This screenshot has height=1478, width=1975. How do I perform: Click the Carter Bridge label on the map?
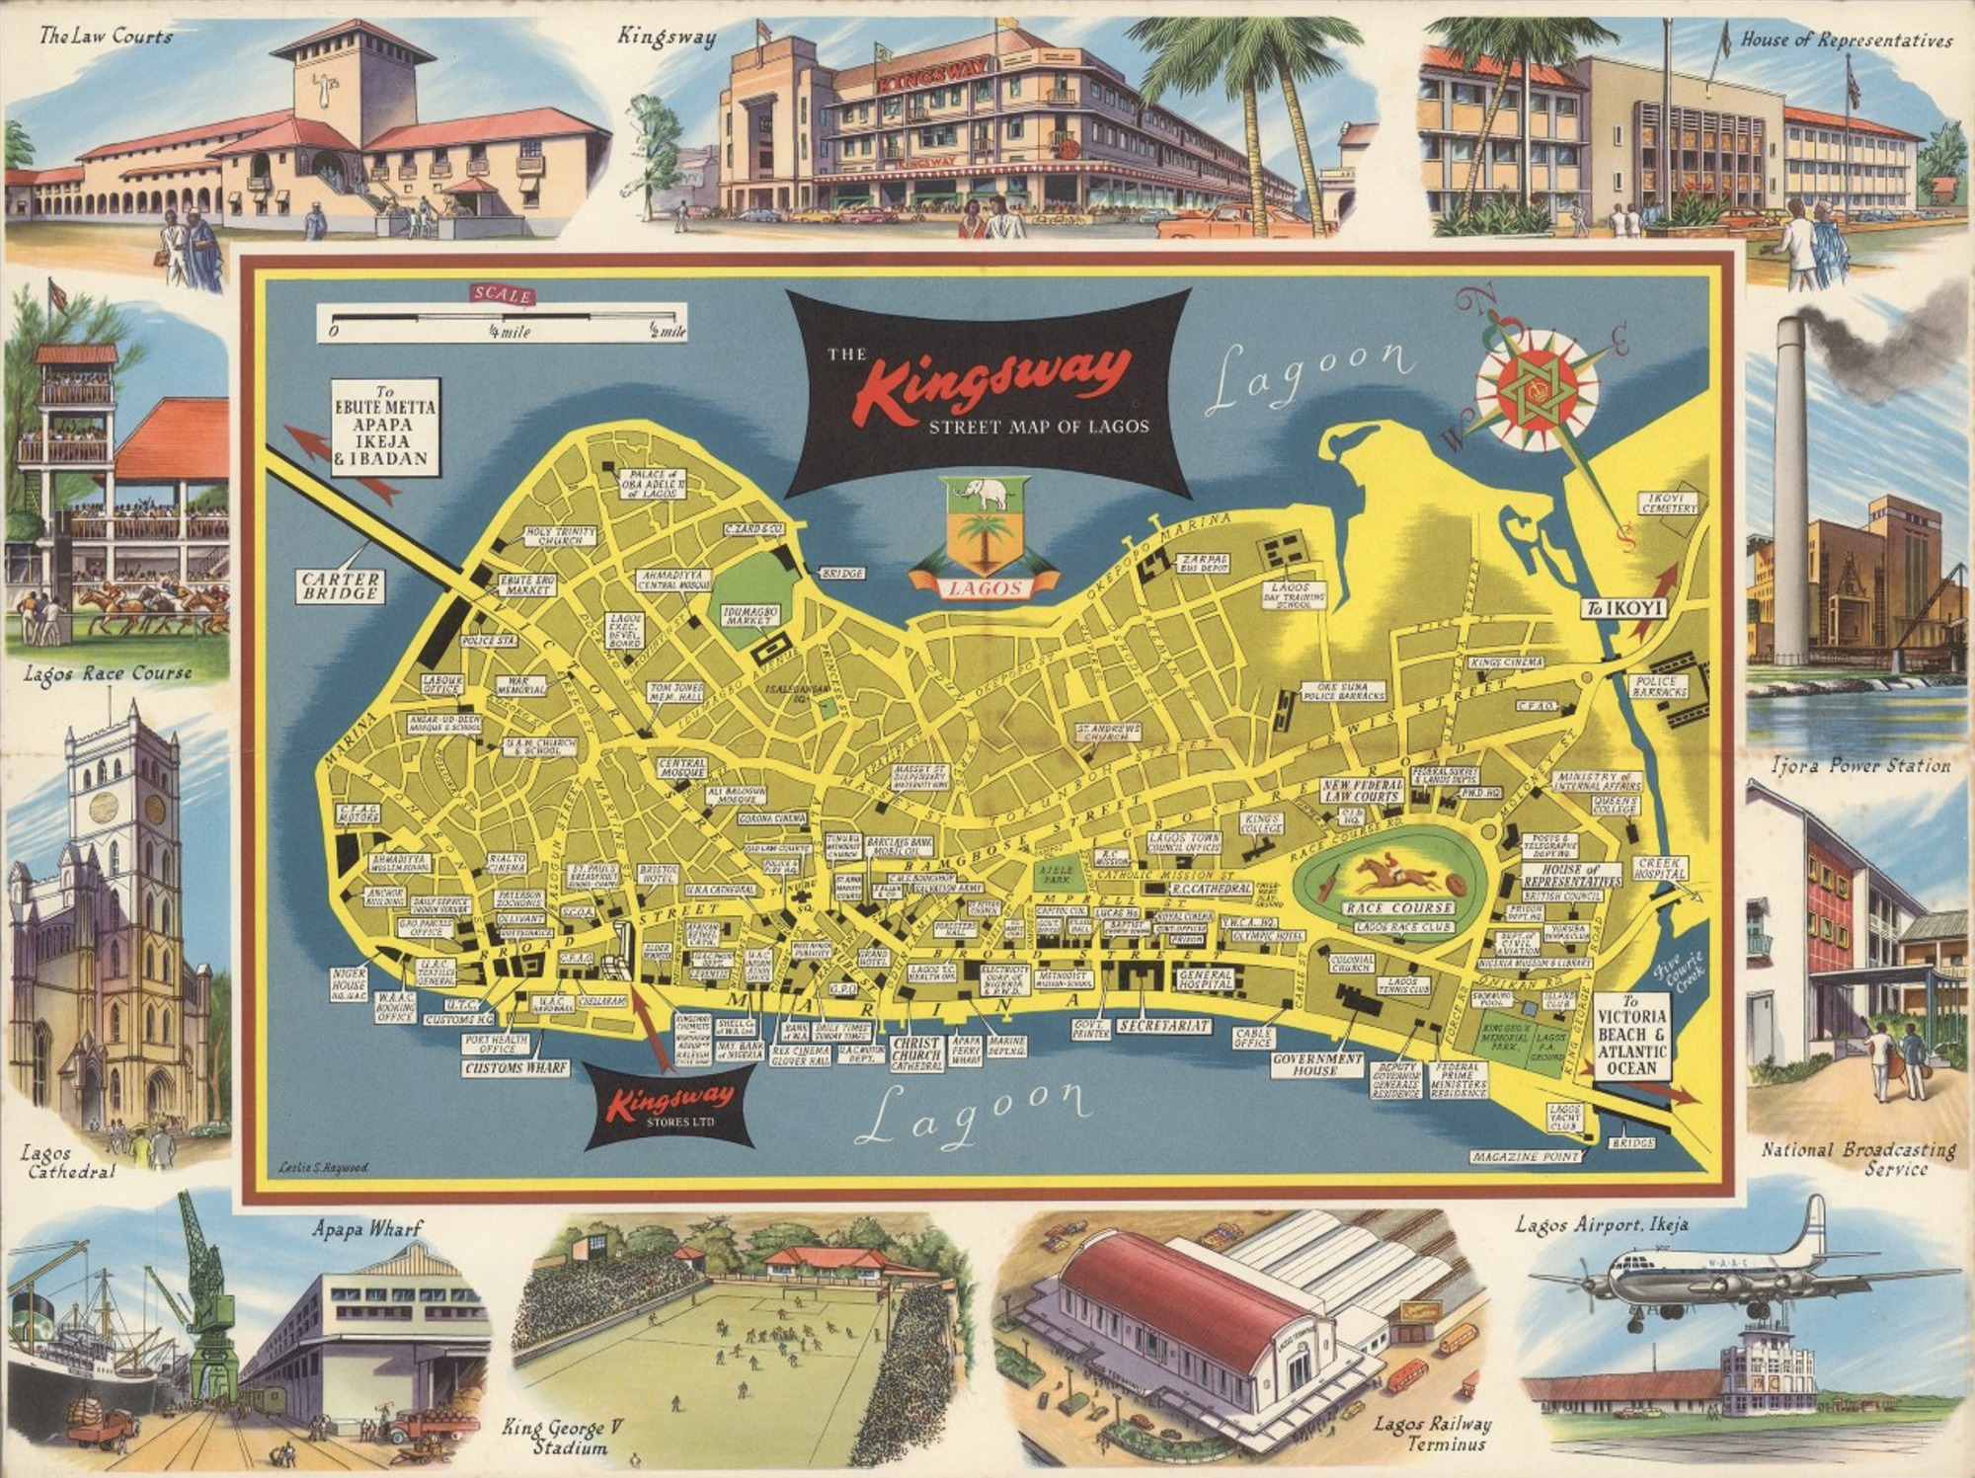coord(341,585)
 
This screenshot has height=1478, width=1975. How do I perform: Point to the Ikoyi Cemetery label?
coord(1669,503)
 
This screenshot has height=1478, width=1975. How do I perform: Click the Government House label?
coord(1317,1063)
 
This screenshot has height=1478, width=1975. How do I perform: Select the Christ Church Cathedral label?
coord(916,1053)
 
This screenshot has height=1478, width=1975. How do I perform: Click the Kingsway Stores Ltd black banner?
coord(671,1105)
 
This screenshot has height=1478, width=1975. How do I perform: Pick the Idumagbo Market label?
coord(751,616)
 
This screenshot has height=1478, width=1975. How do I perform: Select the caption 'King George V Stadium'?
coord(563,1438)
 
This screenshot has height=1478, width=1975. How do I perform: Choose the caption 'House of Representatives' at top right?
coord(1846,40)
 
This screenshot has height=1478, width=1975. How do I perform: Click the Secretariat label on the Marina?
coord(1163,1026)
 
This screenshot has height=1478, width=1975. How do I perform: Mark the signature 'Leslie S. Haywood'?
coord(322,1167)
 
